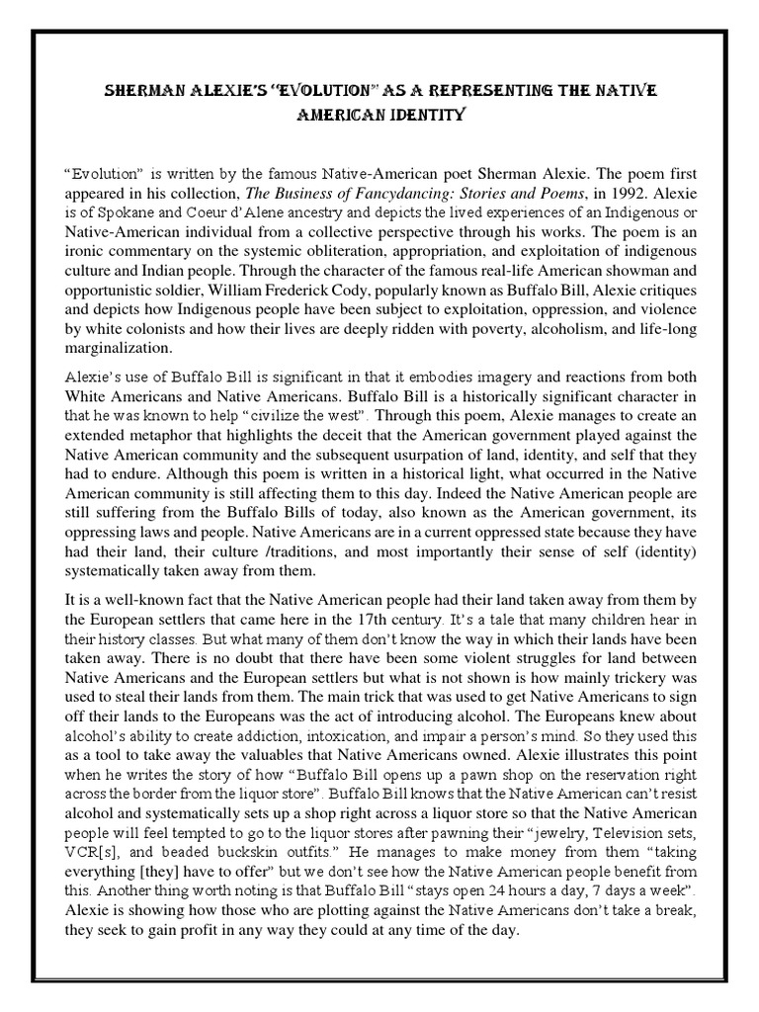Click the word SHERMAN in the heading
tap(144, 91)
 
